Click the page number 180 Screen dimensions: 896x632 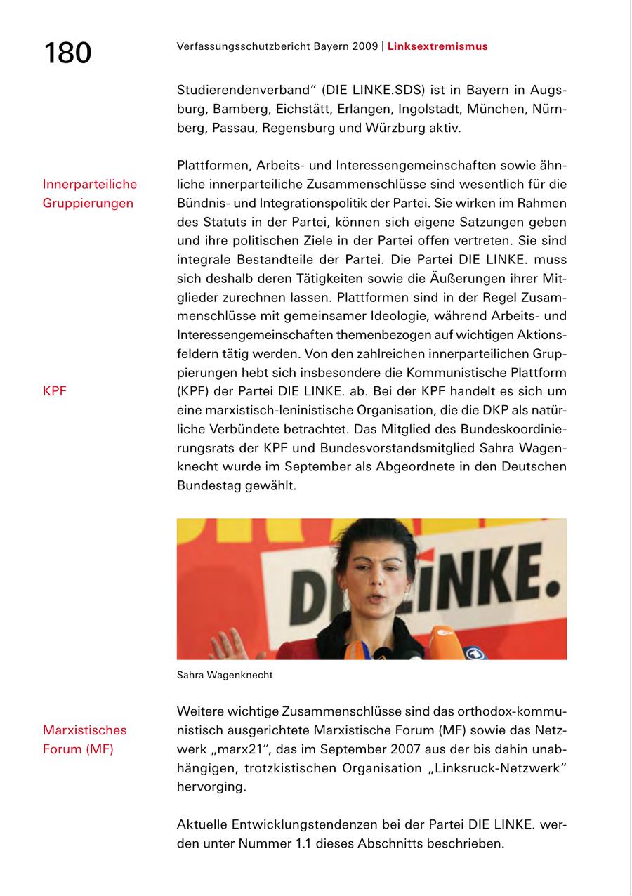pyautogui.click(x=67, y=53)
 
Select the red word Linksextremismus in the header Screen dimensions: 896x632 pyautogui.click(x=437, y=47)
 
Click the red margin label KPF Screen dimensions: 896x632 pyautogui.click(x=55, y=391)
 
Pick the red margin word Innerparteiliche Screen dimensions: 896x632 pyautogui.click(x=90, y=185)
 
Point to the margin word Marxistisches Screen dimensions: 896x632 pyautogui.click(x=84, y=731)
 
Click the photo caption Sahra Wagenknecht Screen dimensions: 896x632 pyautogui.click(x=225, y=676)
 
